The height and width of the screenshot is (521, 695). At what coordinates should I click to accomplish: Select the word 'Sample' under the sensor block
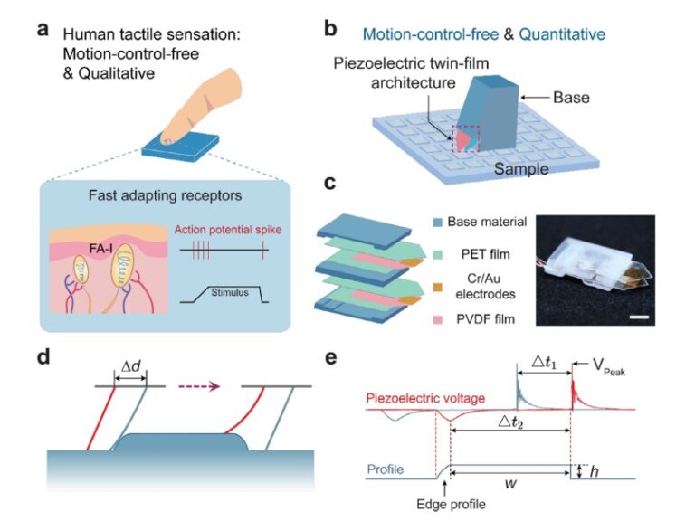tap(524, 168)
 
